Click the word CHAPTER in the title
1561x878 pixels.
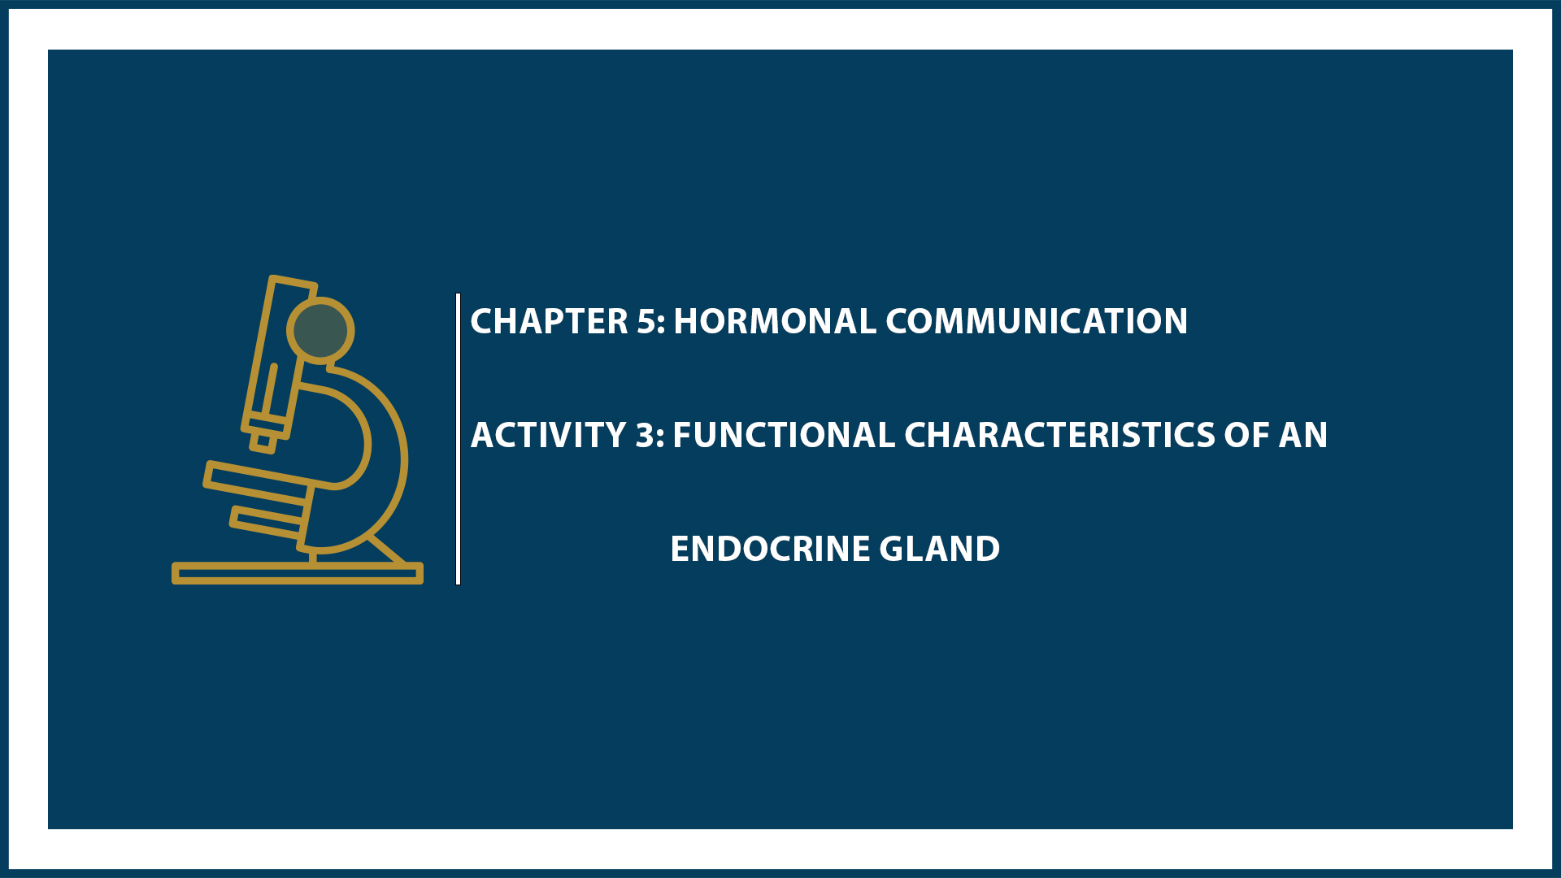[549, 321]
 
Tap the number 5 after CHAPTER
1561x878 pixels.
[646, 321]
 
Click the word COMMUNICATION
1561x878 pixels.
[1037, 321]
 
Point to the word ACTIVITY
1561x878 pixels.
[549, 435]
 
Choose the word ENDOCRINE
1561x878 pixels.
[770, 549]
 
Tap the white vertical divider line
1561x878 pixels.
[459, 439]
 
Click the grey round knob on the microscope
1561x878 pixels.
[320, 330]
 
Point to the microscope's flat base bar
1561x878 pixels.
[298, 573]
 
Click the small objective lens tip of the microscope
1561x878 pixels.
[263, 442]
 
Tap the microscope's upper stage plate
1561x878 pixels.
[257, 481]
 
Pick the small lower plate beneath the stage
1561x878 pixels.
[266, 522]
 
